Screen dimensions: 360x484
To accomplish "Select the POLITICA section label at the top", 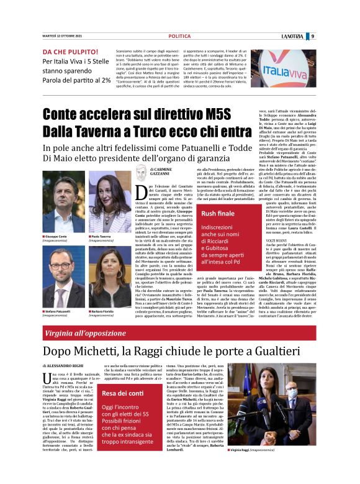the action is pos(179,36).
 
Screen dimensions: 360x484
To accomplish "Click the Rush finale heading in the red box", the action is pos(215,213).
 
